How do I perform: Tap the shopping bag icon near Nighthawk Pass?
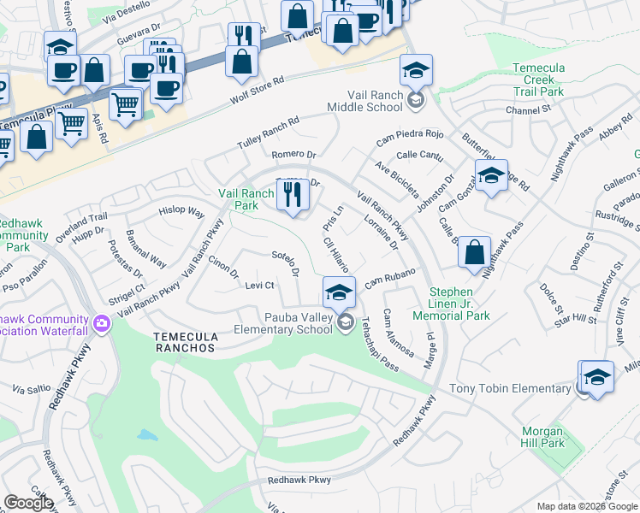pos(474,254)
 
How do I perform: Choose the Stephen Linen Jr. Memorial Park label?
pos(459,304)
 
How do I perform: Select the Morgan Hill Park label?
pos(542,437)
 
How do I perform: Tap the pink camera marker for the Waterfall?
pos(102,324)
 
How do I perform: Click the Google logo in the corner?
pos(29,503)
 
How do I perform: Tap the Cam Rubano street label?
pos(389,278)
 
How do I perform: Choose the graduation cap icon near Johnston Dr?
pos(491,176)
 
